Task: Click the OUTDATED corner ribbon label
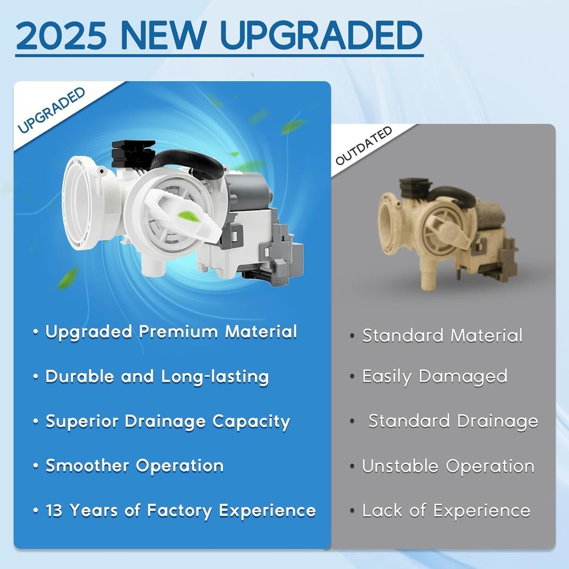(364, 146)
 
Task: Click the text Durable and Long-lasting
(156, 376)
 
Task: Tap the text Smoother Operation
(134, 465)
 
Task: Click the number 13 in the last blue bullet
(55, 510)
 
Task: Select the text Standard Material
(442, 335)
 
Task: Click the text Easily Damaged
(435, 376)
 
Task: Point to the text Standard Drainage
(453, 421)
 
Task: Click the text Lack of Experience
(446, 510)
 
